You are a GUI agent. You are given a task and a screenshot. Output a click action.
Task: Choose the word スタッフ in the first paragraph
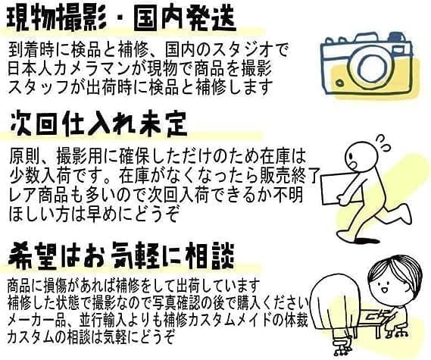point(39,87)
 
